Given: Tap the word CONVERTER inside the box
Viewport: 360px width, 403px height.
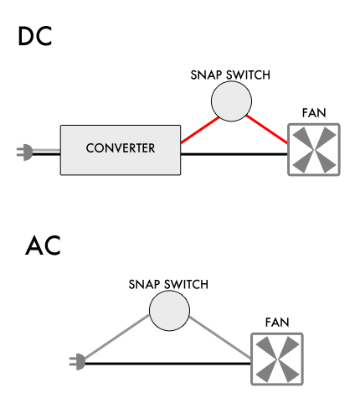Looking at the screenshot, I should pos(120,149).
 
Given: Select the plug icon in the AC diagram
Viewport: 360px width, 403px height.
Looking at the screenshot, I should pos(77,362).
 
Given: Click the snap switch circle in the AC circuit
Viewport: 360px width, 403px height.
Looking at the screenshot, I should pos(169,313).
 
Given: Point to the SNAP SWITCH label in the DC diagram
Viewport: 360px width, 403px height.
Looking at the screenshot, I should pos(230,75).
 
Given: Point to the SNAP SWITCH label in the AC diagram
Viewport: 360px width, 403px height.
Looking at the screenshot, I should pos(168,284).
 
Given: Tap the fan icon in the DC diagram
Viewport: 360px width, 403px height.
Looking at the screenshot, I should pos(313,150).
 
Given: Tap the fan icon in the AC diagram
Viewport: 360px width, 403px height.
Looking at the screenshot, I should pos(277,359).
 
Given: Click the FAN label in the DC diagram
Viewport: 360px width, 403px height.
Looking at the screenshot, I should pos(313,113).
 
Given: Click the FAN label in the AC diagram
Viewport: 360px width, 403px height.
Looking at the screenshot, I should pos(277,321).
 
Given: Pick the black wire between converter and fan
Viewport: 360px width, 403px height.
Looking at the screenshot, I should pos(234,154).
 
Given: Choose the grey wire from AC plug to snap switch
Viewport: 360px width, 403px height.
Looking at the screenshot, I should pos(117,338).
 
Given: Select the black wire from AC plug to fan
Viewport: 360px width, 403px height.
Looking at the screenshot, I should pos(167,363).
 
